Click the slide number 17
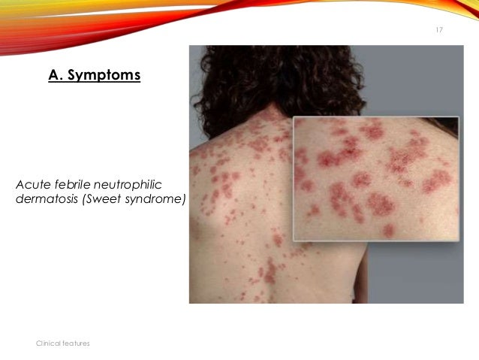[439, 29]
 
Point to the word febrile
[69, 184]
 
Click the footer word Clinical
[49, 343]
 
